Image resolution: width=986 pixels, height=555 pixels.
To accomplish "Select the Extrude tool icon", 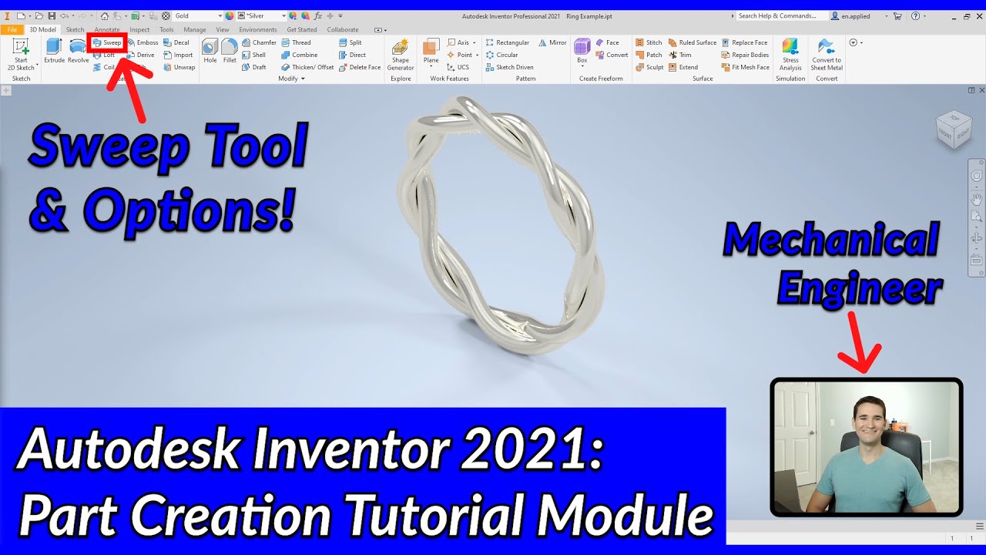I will tap(54, 50).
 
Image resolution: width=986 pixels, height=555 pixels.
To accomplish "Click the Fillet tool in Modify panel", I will tap(230, 50).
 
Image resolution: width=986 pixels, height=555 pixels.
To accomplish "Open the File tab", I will tap(12, 29).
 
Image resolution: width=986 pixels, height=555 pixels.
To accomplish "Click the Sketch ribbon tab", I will tap(75, 29).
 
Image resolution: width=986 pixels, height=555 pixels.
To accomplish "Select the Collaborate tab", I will tap(343, 29).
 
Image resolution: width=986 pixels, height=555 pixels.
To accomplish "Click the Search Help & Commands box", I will tap(780, 15).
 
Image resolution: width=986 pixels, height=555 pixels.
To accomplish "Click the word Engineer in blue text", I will tap(859, 288).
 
